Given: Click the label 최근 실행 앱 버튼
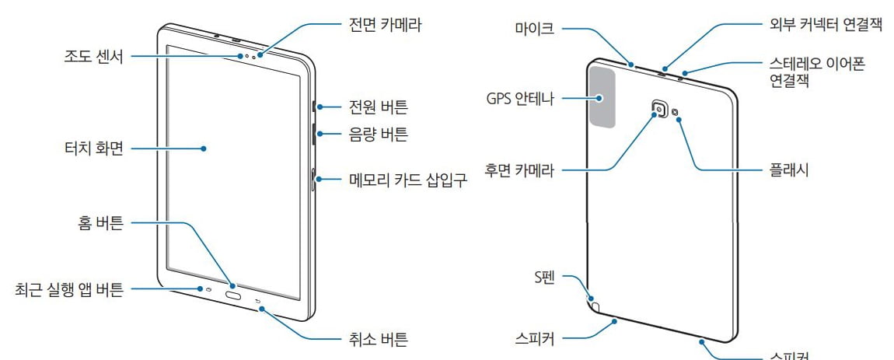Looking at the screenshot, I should click(69, 291).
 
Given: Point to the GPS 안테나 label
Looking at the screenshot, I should click(520, 100).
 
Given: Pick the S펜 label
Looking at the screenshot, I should click(543, 277).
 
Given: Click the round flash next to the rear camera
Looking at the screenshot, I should click(675, 112).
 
